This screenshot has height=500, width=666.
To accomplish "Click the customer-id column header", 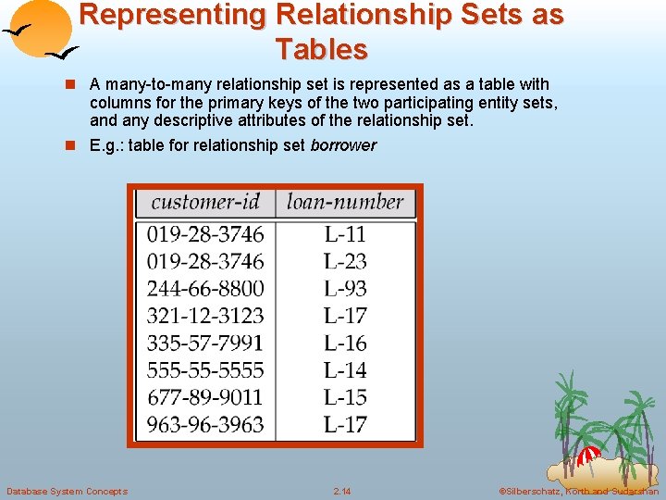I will click(205, 202).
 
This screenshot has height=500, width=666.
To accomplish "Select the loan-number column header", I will click(345, 202).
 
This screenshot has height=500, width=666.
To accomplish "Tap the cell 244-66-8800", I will click(205, 288).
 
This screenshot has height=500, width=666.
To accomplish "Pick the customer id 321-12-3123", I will click(205, 316).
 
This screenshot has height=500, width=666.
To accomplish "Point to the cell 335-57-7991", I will click(205, 343).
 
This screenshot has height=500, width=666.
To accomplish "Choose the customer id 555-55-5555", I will click(205, 370).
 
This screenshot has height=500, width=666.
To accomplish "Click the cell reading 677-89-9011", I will click(205, 397).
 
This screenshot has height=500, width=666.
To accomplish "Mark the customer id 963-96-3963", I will click(205, 425).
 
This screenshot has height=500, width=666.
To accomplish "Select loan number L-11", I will click(345, 234).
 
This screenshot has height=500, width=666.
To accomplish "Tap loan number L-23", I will click(345, 261).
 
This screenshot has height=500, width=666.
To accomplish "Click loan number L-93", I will click(345, 288).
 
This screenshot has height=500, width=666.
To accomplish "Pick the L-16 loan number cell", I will click(345, 343).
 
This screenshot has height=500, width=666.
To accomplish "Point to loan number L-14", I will click(345, 370).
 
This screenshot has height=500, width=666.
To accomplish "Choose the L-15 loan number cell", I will click(345, 397).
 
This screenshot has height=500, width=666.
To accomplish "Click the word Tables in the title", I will click(321, 48).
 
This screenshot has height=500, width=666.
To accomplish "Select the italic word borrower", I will click(343, 145).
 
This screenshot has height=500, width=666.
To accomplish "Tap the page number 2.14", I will click(342, 491).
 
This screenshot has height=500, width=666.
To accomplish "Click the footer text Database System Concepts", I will click(67, 491).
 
